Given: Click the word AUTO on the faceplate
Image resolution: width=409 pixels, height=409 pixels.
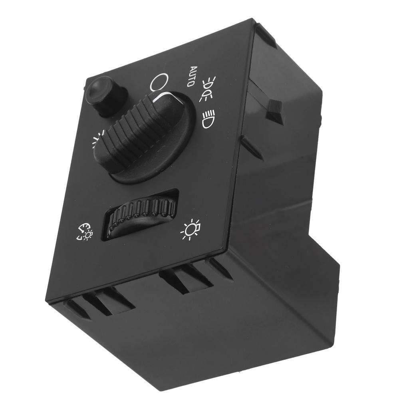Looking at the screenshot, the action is pyautogui.click(x=191, y=77).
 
